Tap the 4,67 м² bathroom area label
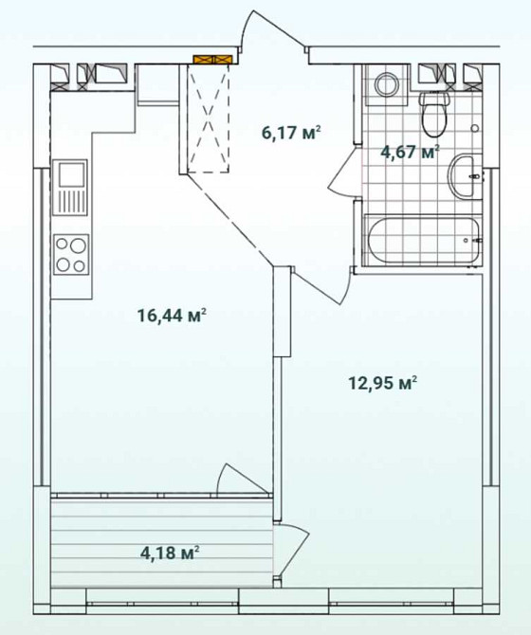click(x=410, y=152)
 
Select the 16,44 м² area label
click(x=172, y=316)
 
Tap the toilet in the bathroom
click(x=435, y=116)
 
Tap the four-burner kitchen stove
click(x=70, y=253)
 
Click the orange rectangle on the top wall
click(x=211, y=60)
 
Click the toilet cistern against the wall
click(x=435, y=97)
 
